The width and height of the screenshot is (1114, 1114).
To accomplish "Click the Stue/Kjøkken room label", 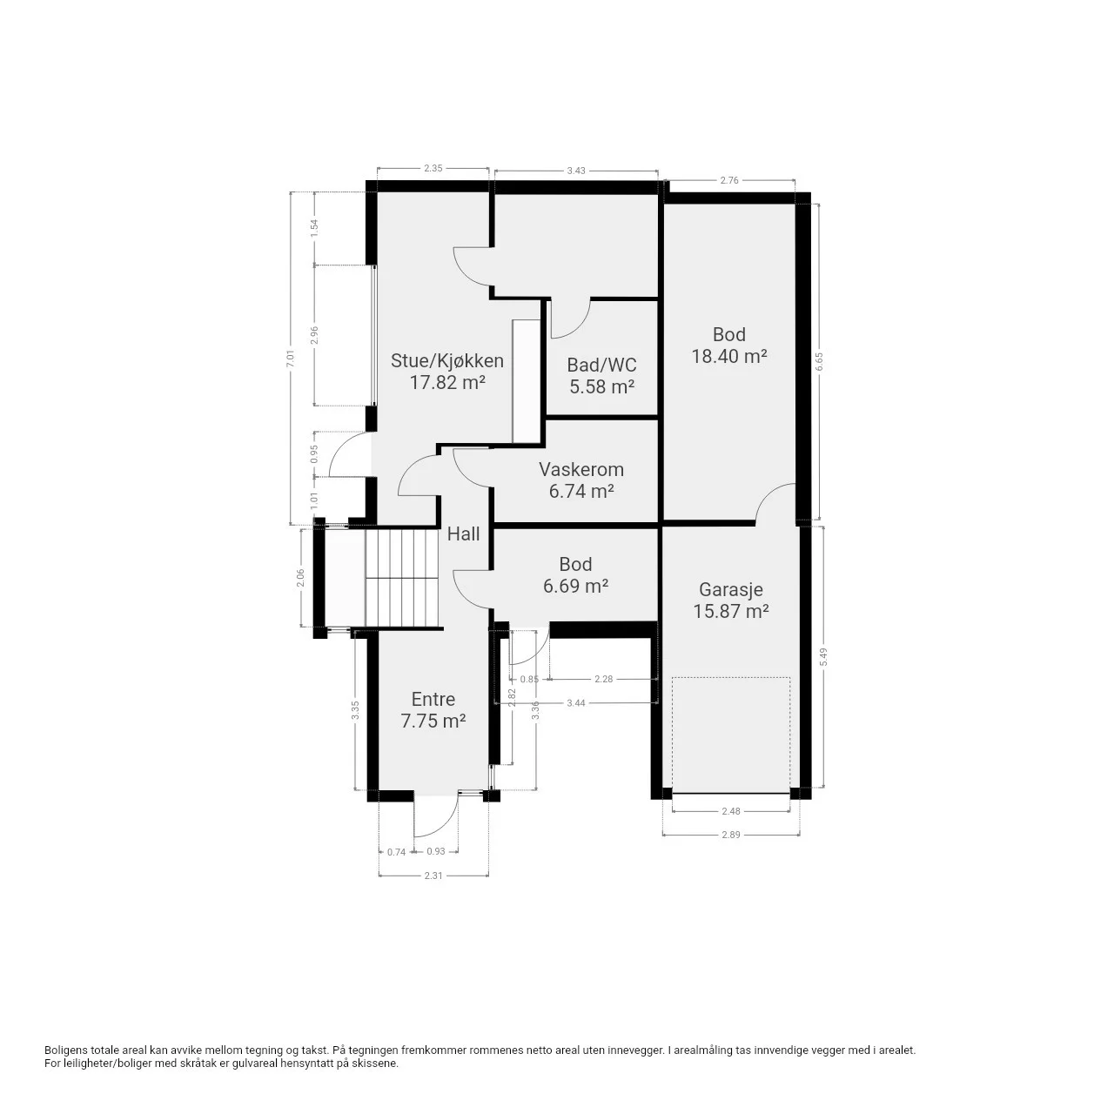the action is [x=446, y=360].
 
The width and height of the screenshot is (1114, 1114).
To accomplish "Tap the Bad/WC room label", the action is [x=601, y=365].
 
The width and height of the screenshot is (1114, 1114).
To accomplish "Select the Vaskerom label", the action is [x=581, y=469].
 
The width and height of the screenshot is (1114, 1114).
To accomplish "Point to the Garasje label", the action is [x=731, y=590].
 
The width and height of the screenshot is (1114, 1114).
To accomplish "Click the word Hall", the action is [x=463, y=534].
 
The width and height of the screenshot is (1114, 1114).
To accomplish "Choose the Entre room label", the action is [x=433, y=699].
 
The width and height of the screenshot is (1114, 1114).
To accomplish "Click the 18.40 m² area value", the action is [x=729, y=356].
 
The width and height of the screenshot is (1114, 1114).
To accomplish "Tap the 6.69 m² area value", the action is [x=575, y=587].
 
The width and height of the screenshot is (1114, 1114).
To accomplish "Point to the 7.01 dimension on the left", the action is [x=291, y=359].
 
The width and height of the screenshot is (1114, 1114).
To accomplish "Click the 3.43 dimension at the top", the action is [x=576, y=171].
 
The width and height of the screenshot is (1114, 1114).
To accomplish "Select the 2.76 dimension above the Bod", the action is [x=729, y=180].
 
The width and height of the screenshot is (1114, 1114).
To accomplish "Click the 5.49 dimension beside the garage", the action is [x=824, y=657].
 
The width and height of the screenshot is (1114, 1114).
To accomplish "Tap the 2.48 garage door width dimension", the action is [x=731, y=811].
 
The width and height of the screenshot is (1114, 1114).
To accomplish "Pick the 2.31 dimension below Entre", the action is [x=433, y=876].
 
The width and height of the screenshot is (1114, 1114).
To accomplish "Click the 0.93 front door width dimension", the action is [x=436, y=851].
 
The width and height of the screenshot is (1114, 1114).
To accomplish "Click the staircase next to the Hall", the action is [x=402, y=578].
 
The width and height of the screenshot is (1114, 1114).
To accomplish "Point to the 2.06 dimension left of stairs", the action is [x=300, y=578].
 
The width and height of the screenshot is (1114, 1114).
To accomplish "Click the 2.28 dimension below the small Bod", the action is [x=603, y=679].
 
